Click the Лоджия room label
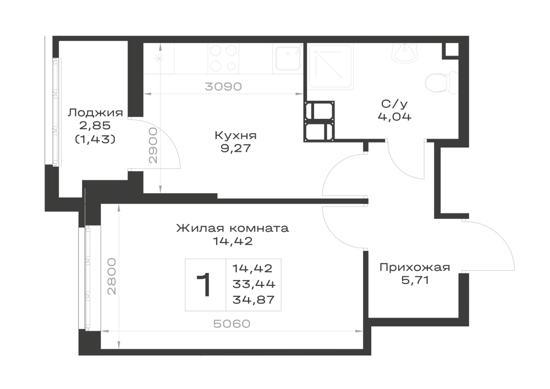click(x=95, y=113)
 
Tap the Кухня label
click(x=236, y=135)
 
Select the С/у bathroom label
click(x=394, y=104)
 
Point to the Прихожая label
click(x=415, y=267)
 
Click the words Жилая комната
click(x=233, y=228)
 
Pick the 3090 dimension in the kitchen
click(x=223, y=86)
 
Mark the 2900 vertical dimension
click(x=153, y=145)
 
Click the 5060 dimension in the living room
click(x=232, y=324)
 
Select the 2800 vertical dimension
click(x=112, y=276)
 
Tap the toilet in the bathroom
click(x=442, y=83)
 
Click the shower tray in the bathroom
click(x=329, y=66)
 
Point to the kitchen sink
click(x=288, y=58)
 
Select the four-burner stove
click(x=223, y=58)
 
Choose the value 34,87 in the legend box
click(x=254, y=300)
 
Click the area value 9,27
click(x=236, y=149)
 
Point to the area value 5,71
click(x=415, y=280)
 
